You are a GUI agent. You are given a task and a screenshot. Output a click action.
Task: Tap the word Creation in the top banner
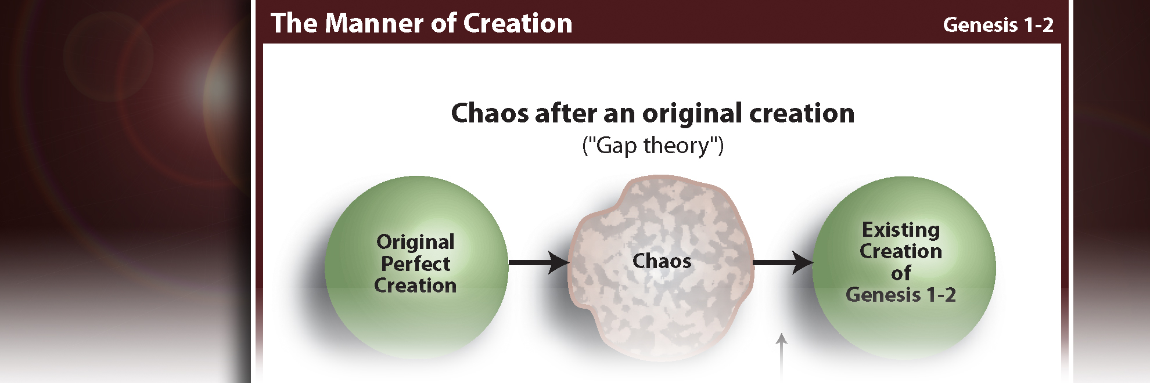point(517,24)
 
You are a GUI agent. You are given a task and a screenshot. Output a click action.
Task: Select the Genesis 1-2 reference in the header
point(998,25)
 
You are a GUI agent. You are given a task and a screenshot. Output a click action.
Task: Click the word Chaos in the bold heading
point(490,113)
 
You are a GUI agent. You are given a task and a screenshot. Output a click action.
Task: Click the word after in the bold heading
point(565,113)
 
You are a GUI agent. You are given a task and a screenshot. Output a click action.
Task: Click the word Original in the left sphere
point(415,242)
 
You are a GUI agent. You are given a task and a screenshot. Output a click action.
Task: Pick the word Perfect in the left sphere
point(415,264)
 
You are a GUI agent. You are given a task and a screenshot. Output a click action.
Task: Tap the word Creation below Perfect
point(415,286)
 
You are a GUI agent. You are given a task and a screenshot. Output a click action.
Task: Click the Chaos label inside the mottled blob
point(662,261)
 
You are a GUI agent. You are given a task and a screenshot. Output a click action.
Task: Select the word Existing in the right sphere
point(901,230)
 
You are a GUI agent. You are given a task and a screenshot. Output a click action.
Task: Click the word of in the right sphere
point(901,273)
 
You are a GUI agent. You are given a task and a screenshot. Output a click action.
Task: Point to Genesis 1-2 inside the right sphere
point(901,295)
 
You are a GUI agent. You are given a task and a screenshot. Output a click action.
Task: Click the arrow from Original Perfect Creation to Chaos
point(538,263)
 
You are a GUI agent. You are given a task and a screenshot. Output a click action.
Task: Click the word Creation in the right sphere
point(901,251)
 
